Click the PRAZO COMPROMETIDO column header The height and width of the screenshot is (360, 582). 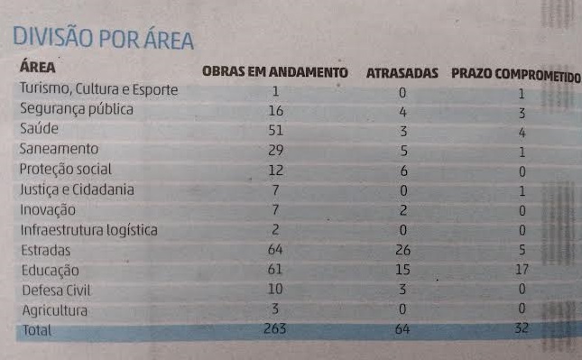pyautogui.click(x=515, y=72)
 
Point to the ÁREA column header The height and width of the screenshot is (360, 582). pyautogui.click(x=38, y=67)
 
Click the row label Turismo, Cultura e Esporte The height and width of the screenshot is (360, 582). pyautogui.click(x=98, y=89)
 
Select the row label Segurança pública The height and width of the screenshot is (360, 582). pyautogui.click(x=77, y=109)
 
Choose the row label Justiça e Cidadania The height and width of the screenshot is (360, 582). pyautogui.click(x=77, y=189)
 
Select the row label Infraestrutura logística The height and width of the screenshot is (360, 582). pyautogui.click(x=88, y=230)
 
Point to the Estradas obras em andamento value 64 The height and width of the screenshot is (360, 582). pyautogui.click(x=275, y=250)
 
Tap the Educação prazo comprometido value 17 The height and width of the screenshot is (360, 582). pyautogui.click(x=521, y=270)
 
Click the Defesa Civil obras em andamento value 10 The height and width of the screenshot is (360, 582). pyautogui.click(x=275, y=290)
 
